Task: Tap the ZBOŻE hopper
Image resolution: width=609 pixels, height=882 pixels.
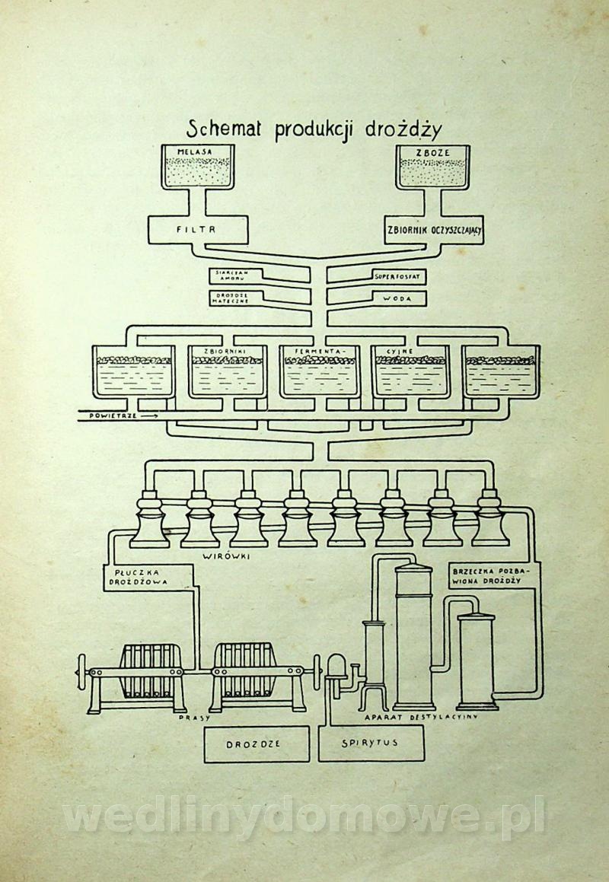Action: [432, 167]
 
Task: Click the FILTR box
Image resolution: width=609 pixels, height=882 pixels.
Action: [197, 228]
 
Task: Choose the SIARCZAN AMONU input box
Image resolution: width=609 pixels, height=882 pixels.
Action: [232, 275]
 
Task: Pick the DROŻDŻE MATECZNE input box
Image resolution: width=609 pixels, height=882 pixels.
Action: [232, 297]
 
